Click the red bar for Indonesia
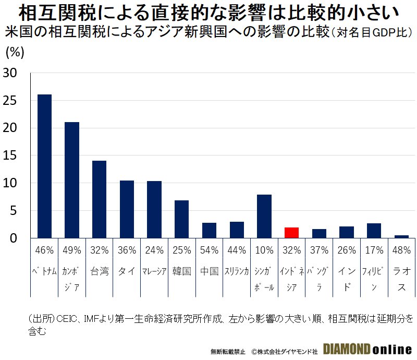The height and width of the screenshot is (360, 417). pyautogui.click(x=292, y=233)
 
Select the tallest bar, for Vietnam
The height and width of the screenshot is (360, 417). pyautogui.click(x=45, y=166)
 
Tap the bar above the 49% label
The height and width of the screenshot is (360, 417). pyautogui.click(x=72, y=180)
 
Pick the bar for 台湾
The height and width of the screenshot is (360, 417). pyautogui.click(x=100, y=199)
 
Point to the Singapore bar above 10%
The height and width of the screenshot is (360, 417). pyautogui.click(x=264, y=217)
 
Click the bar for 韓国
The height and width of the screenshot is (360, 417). pyautogui.click(x=182, y=219)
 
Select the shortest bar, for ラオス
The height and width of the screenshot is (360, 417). pyautogui.click(x=401, y=236)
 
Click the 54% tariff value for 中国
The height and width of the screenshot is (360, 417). pyautogui.click(x=210, y=250)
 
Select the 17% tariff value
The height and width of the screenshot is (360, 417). pyautogui.click(x=374, y=250)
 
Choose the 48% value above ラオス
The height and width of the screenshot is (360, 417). pyautogui.click(x=401, y=250)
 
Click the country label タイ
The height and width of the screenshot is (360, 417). pyautogui.click(x=127, y=271)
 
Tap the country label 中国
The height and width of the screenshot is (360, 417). pyautogui.click(x=210, y=271)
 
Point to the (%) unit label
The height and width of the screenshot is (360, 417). pyautogui.click(x=15, y=52)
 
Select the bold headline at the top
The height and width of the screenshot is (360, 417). pyautogui.click(x=208, y=11)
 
